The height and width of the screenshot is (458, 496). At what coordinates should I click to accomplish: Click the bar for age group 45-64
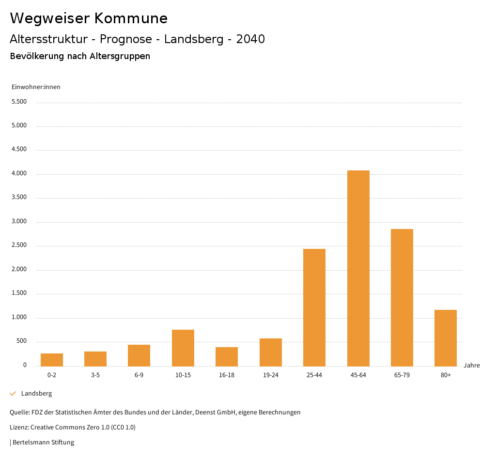click(358, 268)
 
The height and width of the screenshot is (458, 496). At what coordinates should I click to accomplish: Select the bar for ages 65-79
click(402, 297)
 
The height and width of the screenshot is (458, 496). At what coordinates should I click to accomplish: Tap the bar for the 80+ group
click(446, 338)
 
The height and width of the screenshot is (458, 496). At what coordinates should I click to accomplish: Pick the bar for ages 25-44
click(314, 307)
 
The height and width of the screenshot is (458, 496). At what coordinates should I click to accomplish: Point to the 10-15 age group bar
click(183, 348)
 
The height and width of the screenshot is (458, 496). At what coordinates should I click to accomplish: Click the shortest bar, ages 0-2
click(52, 360)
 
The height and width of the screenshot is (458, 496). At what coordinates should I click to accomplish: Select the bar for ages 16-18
click(227, 356)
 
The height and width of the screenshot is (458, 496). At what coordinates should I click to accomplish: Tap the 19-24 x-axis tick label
click(270, 375)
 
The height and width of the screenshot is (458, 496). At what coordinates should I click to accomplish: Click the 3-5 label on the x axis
click(95, 375)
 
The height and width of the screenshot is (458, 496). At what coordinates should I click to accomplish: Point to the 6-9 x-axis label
click(139, 375)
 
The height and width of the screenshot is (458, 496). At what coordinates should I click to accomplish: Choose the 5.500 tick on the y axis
click(19, 102)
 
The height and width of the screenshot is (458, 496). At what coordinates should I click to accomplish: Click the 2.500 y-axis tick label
click(19, 245)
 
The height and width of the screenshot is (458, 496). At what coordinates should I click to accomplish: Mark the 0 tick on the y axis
click(25, 365)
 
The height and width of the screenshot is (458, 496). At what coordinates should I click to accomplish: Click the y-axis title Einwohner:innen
click(36, 87)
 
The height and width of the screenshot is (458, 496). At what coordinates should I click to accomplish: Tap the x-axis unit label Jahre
click(472, 366)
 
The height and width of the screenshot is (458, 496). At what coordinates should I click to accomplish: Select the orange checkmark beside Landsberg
click(13, 394)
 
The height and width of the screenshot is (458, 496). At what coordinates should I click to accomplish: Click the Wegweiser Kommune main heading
click(89, 18)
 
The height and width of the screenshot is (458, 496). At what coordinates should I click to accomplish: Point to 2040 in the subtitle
click(250, 39)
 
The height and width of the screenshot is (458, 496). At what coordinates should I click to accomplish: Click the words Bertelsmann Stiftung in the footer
click(43, 442)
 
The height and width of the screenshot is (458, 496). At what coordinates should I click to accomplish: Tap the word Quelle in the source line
click(19, 412)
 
